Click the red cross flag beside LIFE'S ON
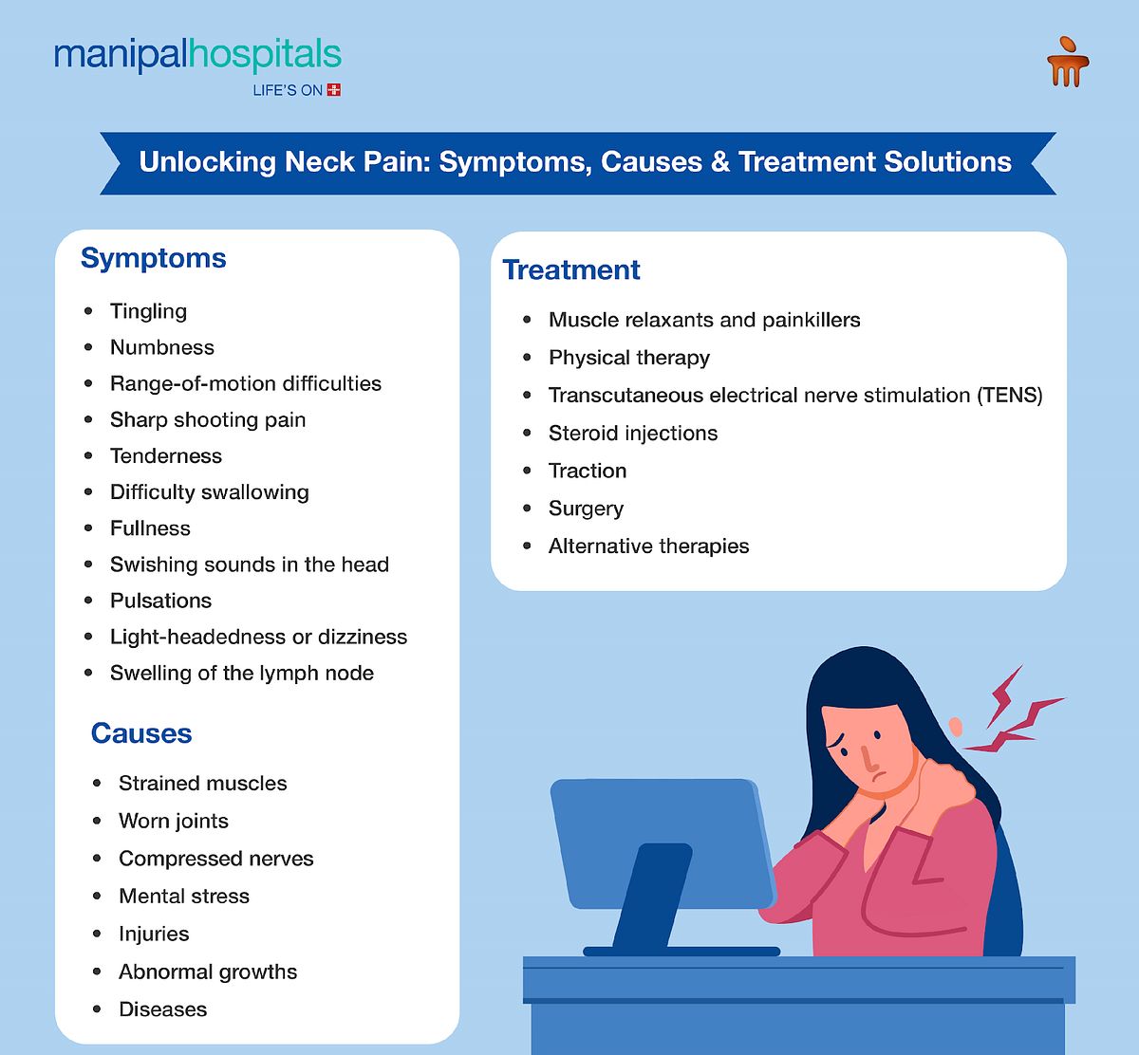(333, 90)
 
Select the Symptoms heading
(154, 258)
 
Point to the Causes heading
(141, 733)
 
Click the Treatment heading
(571, 270)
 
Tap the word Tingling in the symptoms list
(148, 311)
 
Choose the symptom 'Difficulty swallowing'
(210, 492)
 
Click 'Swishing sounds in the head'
(250, 565)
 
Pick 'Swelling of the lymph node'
(242, 674)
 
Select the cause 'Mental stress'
(184, 897)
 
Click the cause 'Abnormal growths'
(208, 972)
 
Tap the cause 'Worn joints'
(174, 822)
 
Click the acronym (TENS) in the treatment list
(1010, 396)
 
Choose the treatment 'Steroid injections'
(633, 434)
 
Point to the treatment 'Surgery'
(586, 509)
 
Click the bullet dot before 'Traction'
(528, 471)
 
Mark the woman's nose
(867, 756)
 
